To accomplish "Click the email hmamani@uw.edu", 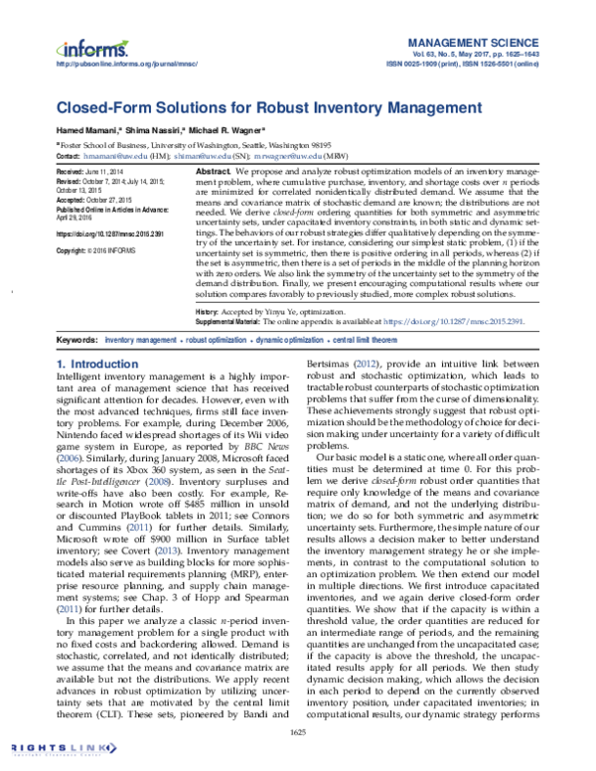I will point(115,156).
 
